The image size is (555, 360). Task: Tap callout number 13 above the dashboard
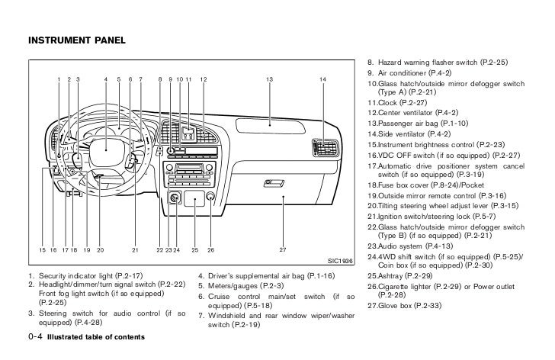pyautogui.click(x=269, y=80)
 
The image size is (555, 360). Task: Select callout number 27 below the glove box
pyautogui.click(x=282, y=249)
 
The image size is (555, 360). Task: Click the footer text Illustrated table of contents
pyautogui.click(x=95, y=336)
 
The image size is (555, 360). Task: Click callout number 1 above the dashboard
pyautogui.click(x=58, y=80)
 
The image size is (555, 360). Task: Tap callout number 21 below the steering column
pyautogui.click(x=134, y=249)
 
